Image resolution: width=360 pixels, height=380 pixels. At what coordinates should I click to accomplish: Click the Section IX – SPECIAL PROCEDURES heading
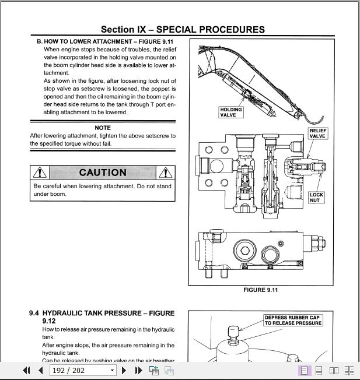(183, 30)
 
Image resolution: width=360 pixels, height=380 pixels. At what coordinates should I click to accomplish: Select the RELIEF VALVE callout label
(317, 132)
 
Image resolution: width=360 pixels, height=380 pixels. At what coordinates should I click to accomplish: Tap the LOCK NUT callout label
(316, 198)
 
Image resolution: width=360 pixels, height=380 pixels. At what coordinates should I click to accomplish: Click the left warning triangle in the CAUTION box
(39, 173)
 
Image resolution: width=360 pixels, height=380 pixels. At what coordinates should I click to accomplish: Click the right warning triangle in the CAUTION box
(166, 173)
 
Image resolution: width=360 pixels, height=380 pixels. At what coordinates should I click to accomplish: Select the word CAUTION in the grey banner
(103, 173)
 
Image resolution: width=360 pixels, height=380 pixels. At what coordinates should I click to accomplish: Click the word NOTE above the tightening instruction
(103, 128)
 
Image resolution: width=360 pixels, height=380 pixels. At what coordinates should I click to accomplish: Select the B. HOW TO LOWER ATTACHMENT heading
(105, 41)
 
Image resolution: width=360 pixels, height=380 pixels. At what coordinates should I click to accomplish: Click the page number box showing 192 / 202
(79, 370)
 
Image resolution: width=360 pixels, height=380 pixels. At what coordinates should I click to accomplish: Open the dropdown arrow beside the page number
(112, 370)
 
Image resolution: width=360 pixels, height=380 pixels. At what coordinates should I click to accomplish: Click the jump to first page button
(26, 370)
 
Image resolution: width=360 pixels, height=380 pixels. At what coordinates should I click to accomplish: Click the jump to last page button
(138, 370)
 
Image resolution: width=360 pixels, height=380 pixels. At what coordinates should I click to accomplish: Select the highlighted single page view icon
(304, 370)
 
